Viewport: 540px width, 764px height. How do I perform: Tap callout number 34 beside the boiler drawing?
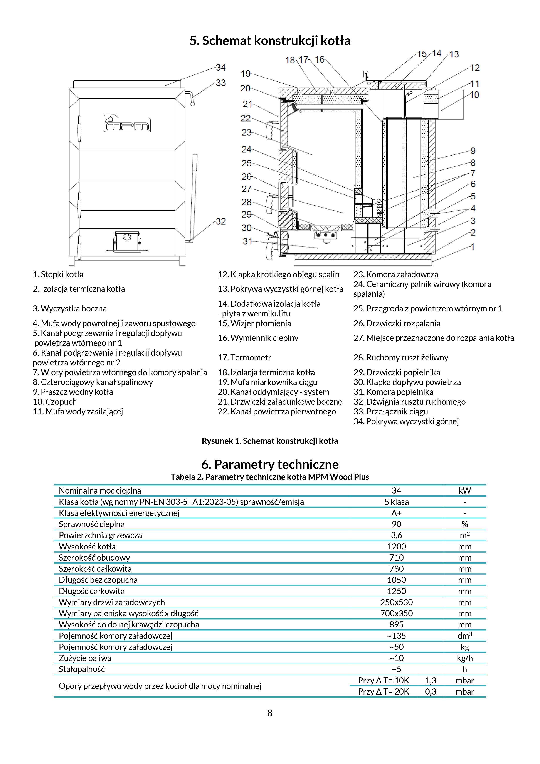coord(221,68)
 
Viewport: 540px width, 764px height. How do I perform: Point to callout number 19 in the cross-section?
coord(246,74)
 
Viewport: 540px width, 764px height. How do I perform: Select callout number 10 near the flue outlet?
coord(474,95)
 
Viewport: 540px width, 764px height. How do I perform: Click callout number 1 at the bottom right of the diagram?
coord(473,247)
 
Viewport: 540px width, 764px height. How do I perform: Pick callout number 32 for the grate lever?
coord(221,221)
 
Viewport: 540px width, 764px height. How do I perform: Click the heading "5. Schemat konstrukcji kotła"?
coord(270,41)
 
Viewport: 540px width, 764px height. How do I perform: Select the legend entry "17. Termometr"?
coord(244,357)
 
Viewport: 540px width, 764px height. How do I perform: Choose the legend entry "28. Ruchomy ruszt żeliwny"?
coord(401,357)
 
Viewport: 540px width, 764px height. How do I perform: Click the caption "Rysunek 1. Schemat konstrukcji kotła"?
coord(270,441)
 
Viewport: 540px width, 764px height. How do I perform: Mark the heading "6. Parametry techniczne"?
coord(270,464)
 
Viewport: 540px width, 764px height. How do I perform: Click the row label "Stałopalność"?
coord(82,669)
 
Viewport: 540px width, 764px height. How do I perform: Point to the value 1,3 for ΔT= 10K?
coord(431,681)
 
